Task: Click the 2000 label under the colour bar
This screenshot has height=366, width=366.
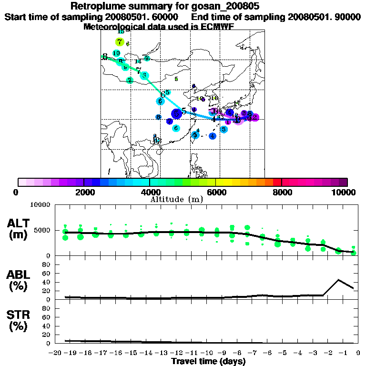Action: click(83, 192)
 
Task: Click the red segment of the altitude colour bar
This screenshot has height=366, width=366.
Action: click(277, 182)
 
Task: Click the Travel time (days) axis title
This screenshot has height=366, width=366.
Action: click(208, 362)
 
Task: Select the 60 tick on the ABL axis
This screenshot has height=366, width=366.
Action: click(47, 273)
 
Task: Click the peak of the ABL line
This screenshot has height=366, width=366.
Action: click(338, 280)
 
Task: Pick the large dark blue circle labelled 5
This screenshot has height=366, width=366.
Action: click(177, 113)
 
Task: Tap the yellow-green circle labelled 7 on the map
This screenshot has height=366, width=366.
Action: click(119, 42)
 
